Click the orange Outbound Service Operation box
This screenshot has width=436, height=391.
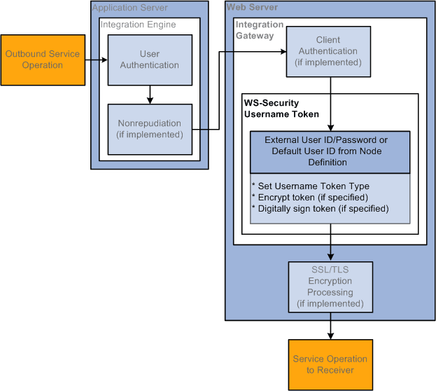click(x=43, y=60)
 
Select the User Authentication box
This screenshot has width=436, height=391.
click(x=149, y=60)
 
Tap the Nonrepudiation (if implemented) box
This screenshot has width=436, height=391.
click(x=149, y=129)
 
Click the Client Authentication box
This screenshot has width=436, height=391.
click(x=328, y=51)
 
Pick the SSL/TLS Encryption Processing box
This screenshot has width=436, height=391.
click(x=330, y=287)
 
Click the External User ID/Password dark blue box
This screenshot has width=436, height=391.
click(x=330, y=151)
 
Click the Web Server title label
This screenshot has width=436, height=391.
click(x=252, y=8)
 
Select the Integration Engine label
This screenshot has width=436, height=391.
click(x=139, y=25)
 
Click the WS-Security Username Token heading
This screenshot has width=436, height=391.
click(x=281, y=109)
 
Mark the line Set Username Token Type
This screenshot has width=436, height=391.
click(x=310, y=186)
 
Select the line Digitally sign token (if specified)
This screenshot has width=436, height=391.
click(x=320, y=208)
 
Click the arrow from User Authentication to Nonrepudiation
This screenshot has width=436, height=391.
click(x=150, y=95)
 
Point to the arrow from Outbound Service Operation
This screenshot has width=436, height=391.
click(x=96, y=60)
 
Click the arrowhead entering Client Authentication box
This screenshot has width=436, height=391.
click(x=283, y=52)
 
